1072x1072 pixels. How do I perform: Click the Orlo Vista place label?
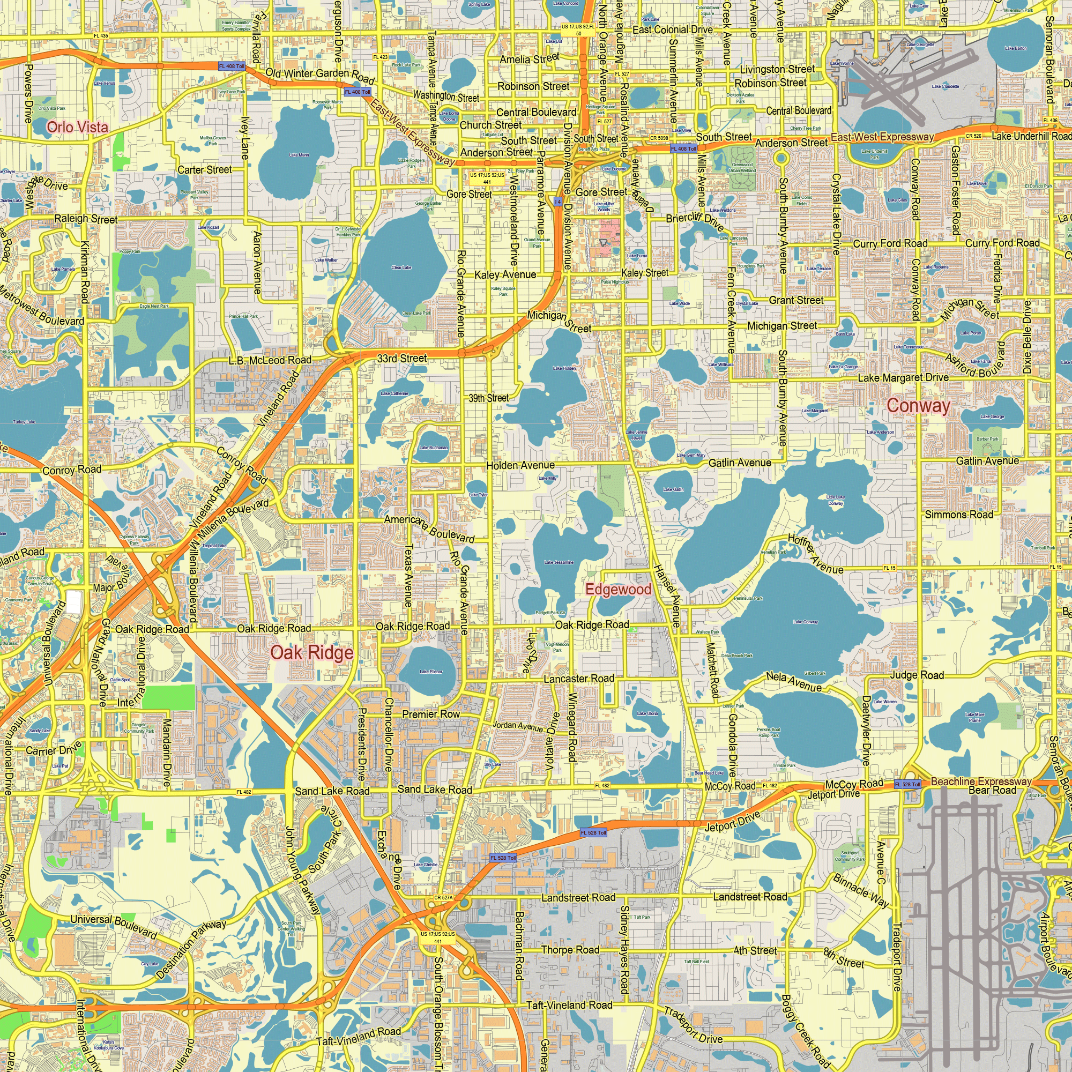tap(77, 127)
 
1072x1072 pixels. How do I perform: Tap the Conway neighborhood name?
tap(918, 406)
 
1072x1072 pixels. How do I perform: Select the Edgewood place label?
tap(618, 589)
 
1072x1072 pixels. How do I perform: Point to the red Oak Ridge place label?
tap(312, 652)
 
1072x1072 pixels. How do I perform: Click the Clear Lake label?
tap(401, 267)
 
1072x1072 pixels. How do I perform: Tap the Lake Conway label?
tap(806, 622)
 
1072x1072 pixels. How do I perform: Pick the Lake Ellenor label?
tap(431, 672)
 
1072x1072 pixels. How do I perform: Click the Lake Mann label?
tap(299, 155)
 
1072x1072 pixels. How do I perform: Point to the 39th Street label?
tap(488, 398)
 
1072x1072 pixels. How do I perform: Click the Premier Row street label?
tap(431, 714)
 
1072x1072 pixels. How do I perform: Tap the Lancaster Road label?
tap(579, 679)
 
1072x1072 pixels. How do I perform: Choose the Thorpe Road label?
tap(570, 950)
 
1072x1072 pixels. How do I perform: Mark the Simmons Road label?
tap(959, 515)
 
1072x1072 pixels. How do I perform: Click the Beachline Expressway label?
tap(981, 782)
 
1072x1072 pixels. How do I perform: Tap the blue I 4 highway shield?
tap(557, 202)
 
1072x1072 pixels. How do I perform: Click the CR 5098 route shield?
tap(659, 138)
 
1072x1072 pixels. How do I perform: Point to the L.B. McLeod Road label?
tap(270, 361)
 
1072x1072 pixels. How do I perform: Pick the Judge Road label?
tap(917, 675)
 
